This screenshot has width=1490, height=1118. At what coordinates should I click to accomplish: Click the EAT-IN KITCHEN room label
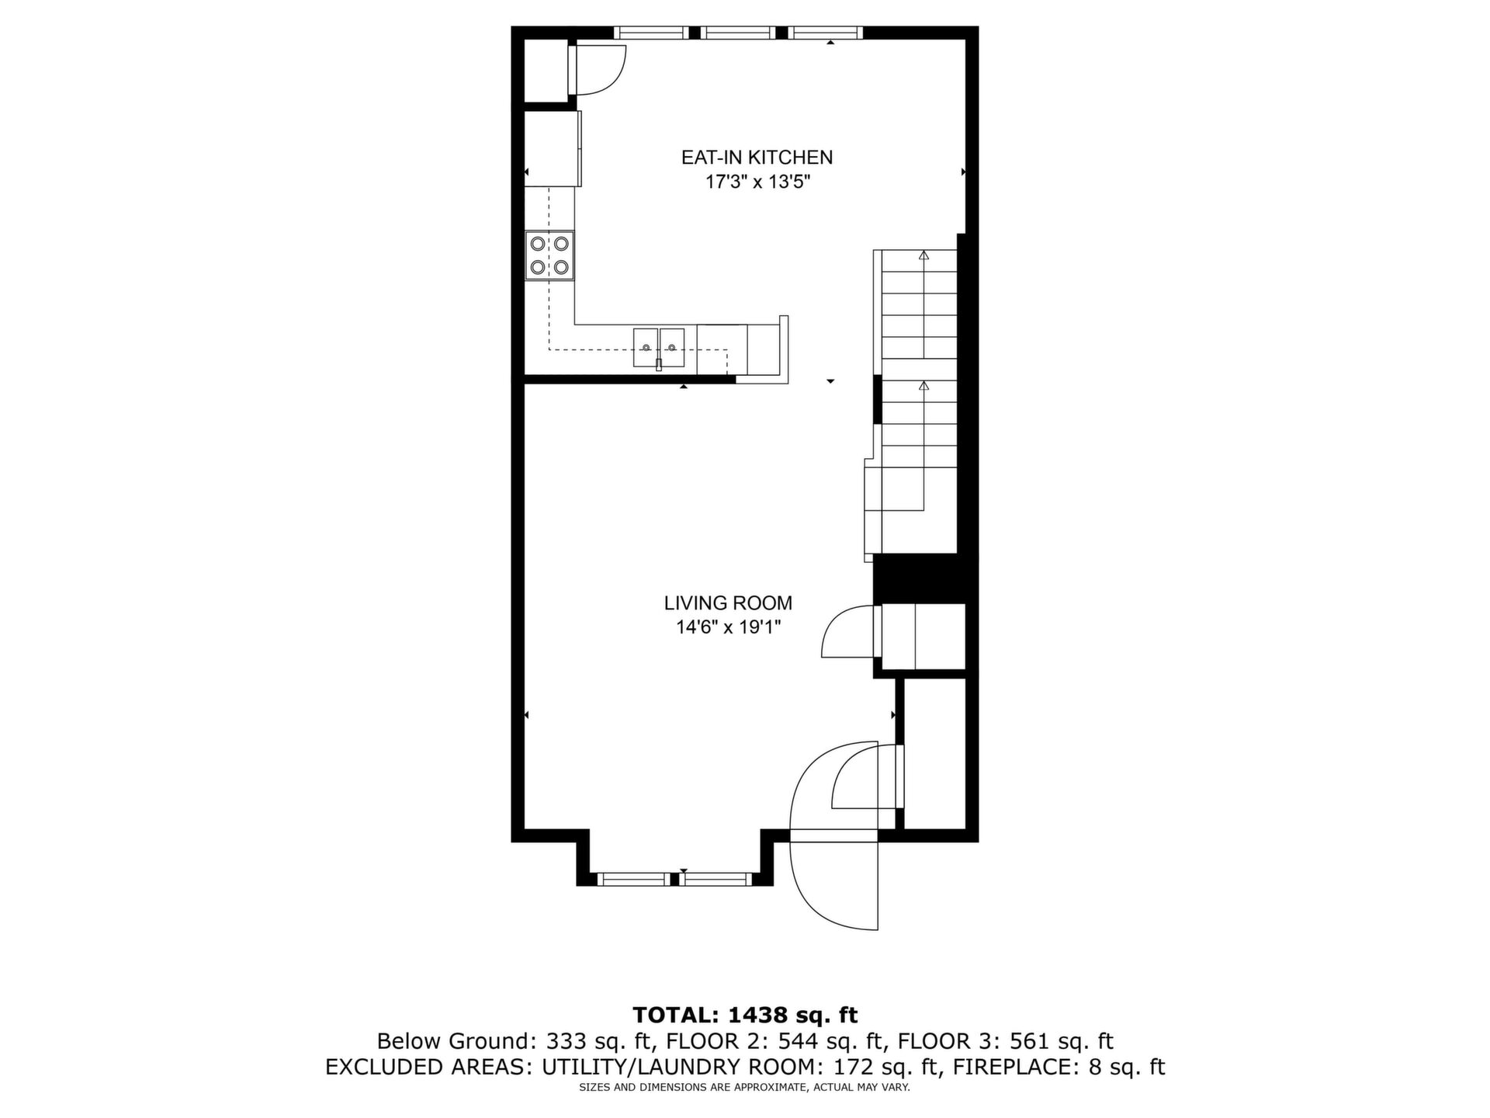(757, 158)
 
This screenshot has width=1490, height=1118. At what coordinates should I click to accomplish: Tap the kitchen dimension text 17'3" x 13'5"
(757, 182)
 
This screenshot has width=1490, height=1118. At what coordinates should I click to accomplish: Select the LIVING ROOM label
(728, 603)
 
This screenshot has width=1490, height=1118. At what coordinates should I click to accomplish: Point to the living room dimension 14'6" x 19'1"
(728, 627)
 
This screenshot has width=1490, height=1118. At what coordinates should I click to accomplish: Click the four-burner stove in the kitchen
(549, 255)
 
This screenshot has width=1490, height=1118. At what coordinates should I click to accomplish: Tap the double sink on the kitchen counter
(659, 346)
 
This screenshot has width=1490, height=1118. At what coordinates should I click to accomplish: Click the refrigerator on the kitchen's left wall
(553, 149)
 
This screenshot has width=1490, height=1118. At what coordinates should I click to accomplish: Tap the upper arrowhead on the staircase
(923, 255)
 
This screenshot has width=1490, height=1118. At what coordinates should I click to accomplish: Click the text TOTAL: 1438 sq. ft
(745, 1015)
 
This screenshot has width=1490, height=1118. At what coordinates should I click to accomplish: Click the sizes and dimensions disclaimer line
(745, 1088)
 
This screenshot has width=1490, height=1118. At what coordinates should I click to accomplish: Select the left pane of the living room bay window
(634, 879)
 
